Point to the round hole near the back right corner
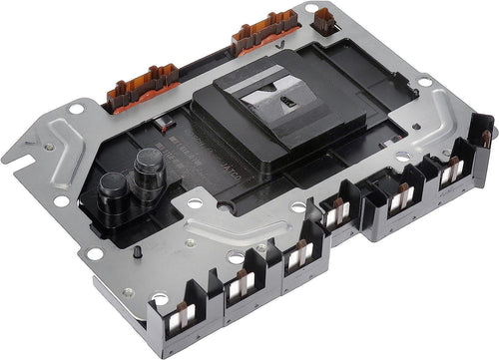424,81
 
